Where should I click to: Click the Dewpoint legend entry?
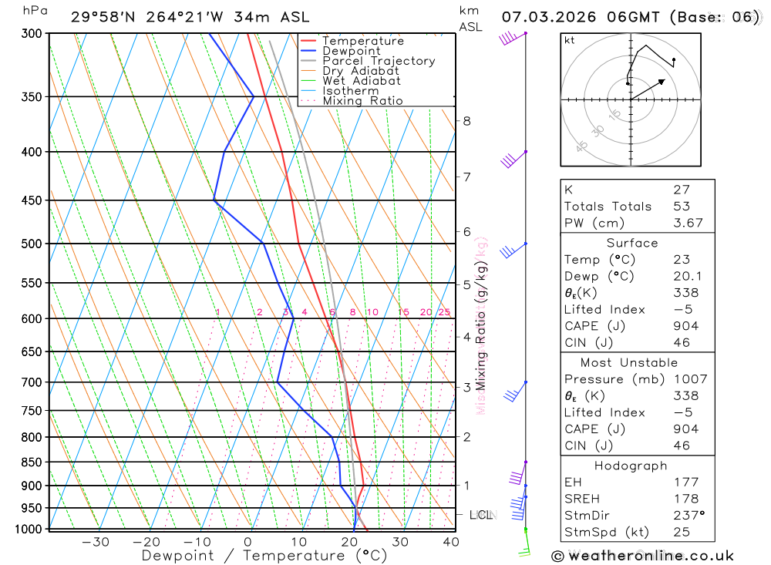click(x=351, y=51)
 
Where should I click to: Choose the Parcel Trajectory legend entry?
click(x=378, y=61)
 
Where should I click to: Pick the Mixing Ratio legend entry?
click(x=362, y=100)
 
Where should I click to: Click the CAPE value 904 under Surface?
click(x=685, y=326)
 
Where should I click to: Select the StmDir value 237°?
click(x=689, y=515)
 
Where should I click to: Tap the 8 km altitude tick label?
click(x=467, y=121)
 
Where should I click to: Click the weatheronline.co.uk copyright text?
click(x=642, y=556)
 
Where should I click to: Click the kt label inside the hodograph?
click(x=570, y=40)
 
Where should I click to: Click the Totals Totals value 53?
click(x=681, y=206)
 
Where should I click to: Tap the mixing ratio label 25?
click(x=444, y=312)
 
